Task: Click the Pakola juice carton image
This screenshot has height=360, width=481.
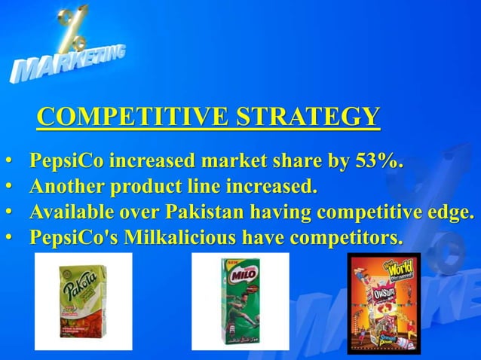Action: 83,301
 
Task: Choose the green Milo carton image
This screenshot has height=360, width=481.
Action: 240,301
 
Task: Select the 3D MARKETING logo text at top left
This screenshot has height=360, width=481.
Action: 68,64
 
